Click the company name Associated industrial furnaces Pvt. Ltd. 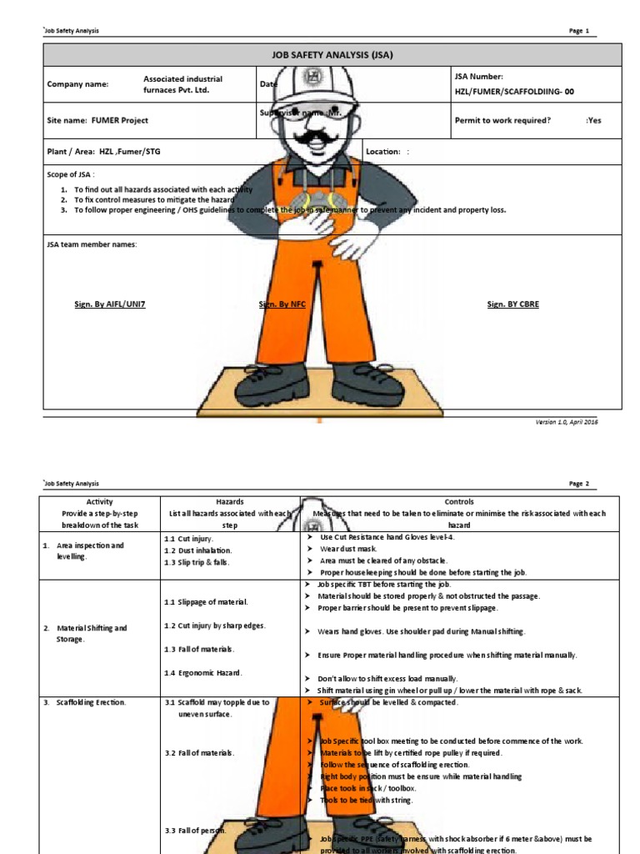click(x=182, y=84)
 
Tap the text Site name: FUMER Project click(x=97, y=120)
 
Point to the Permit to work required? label click(x=502, y=120)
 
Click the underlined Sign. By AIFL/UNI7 click(x=110, y=304)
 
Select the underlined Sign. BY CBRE click(x=512, y=304)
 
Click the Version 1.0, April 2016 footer click(x=566, y=422)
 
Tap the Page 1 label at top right click(x=578, y=31)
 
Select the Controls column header click(x=459, y=502)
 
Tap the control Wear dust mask click(x=351, y=549)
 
